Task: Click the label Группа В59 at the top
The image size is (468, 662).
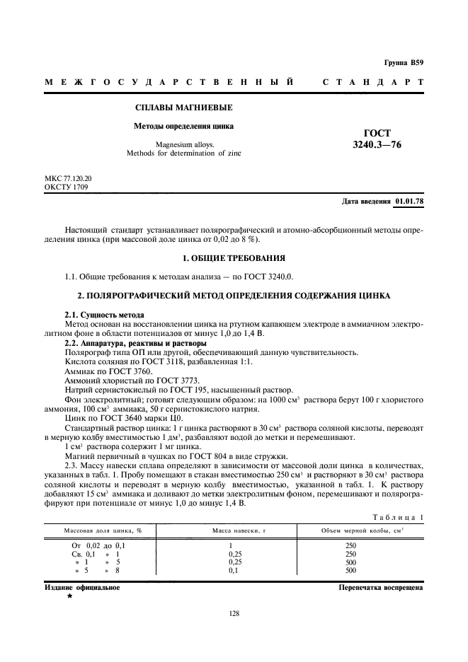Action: pyautogui.click(x=404, y=63)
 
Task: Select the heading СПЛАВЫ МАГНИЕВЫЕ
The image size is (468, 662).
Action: pyautogui.click(x=173, y=108)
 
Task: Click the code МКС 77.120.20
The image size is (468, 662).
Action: pyautogui.click(x=68, y=180)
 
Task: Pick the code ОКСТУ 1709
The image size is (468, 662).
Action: pyautogui.click(x=67, y=188)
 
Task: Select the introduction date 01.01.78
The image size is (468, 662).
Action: pyautogui.click(x=409, y=202)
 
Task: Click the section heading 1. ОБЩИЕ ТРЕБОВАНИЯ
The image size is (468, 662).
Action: pyautogui.click(x=234, y=258)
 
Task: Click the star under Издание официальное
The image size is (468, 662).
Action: pyautogui.click(x=69, y=596)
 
